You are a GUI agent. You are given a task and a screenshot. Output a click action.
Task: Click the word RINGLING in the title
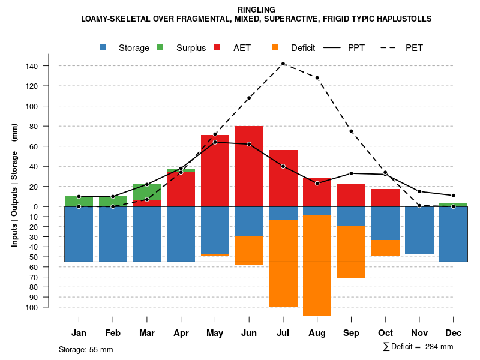[256, 10]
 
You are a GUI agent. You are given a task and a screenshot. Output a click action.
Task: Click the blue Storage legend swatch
[103, 48]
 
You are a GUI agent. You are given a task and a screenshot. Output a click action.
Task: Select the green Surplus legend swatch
[160, 48]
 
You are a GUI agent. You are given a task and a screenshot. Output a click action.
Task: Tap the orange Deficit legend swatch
[275, 48]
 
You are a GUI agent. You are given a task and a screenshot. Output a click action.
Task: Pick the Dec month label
[454, 333]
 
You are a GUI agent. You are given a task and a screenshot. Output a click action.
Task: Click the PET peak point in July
[283, 64]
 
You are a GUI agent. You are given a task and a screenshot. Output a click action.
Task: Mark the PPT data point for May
[215, 142]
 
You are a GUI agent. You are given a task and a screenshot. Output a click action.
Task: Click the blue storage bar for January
[79, 234]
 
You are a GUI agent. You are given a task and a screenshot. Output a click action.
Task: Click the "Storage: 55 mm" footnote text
[86, 349]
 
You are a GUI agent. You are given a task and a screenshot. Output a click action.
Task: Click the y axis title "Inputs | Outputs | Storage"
[14, 185]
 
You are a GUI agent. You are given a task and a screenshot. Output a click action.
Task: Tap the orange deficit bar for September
[352, 251]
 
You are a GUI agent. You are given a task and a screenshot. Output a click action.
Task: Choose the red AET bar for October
[386, 197]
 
